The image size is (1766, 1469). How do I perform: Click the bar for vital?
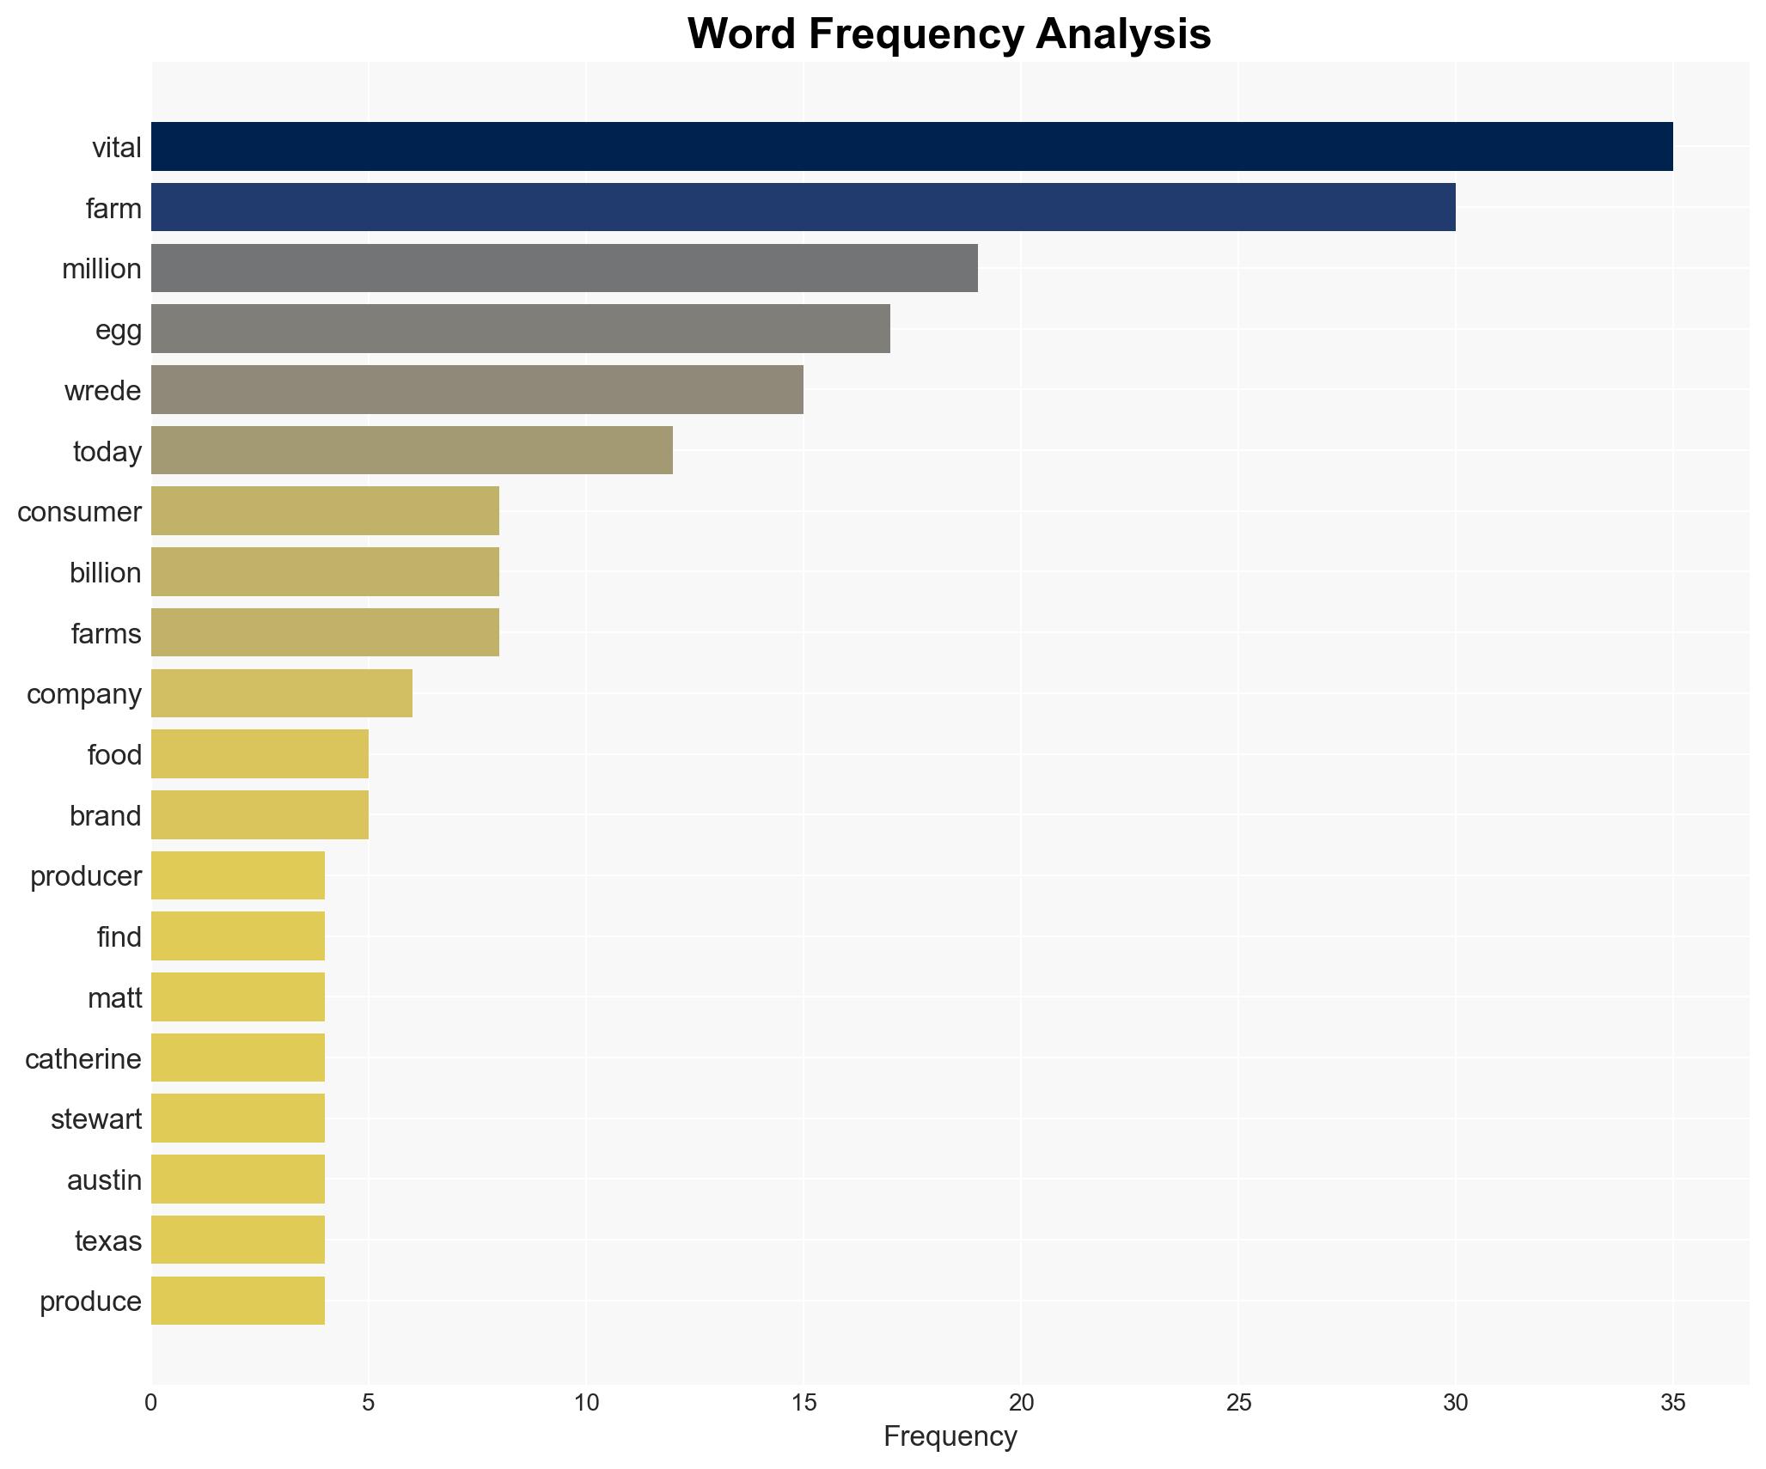click(911, 147)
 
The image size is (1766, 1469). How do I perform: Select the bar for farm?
click(803, 208)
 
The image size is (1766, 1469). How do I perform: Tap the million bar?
click(564, 268)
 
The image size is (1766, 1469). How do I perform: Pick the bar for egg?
click(520, 329)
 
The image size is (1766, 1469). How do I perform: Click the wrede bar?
click(477, 390)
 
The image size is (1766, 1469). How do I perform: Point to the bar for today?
click(412, 451)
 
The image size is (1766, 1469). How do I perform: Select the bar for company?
click(281, 693)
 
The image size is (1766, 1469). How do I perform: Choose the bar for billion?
click(325, 572)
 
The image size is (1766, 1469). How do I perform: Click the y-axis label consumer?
click(79, 512)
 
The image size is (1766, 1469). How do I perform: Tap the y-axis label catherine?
click(82, 1058)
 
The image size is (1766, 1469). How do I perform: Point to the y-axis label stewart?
click(95, 1119)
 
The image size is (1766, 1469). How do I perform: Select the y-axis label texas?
click(107, 1240)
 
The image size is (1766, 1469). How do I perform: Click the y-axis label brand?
click(105, 815)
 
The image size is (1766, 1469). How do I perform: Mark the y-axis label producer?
click(85, 876)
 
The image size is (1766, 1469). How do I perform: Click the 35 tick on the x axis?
click(1672, 1403)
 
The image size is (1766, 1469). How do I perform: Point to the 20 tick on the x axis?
click(1020, 1403)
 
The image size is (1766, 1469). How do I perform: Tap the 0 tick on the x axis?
click(151, 1403)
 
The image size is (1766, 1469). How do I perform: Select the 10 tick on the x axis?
click(586, 1403)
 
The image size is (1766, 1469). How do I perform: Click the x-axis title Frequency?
click(950, 1436)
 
